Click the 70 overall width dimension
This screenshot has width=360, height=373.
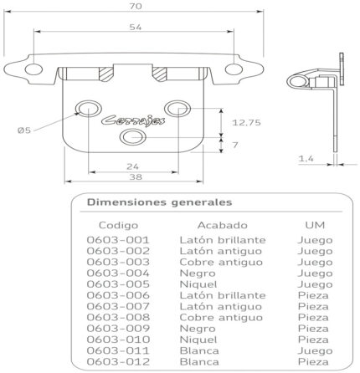coord(136,6)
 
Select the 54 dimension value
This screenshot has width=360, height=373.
coord(136,27)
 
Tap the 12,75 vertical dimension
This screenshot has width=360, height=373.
coord(246,122)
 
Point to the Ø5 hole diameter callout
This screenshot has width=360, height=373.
coord(24,130)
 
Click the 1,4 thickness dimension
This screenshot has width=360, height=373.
coord(306,159)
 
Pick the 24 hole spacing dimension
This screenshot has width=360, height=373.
coord(132,166)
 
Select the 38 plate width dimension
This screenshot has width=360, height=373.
coord(136,176)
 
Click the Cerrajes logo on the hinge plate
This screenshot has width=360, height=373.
coord(133,120)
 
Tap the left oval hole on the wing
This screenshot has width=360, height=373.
coord(33,69)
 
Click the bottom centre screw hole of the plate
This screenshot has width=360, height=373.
coord(133,137)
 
